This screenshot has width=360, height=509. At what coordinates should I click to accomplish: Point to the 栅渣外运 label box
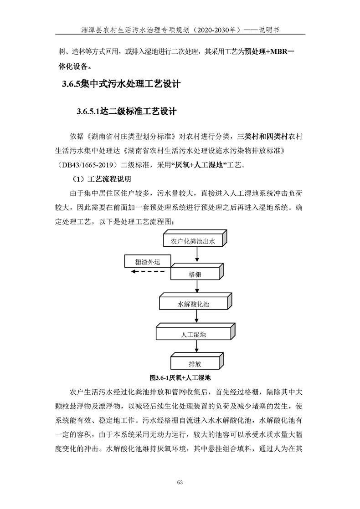147,262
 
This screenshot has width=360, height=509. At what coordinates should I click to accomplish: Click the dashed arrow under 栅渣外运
148,272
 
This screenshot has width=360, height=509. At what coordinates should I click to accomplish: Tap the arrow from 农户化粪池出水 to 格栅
196,255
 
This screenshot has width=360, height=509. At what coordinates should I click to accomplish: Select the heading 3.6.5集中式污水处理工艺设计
121,84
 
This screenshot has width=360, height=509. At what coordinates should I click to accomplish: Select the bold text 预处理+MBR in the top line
266,52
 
